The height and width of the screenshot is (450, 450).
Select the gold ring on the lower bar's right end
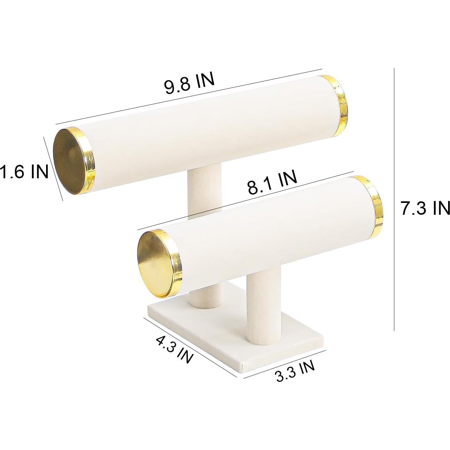pyautogui.click(x=373, y=202)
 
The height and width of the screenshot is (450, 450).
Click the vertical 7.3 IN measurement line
pyautogui.click(x=394, y=198)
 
